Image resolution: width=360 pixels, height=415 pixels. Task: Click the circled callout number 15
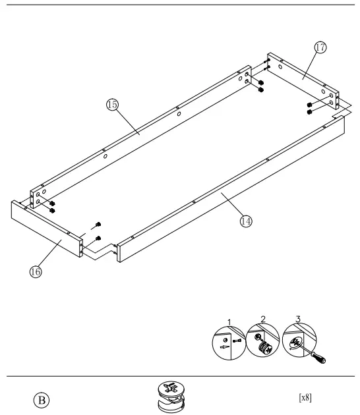(x=112, y=104)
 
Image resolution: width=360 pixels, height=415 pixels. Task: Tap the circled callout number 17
(x=320, y=47)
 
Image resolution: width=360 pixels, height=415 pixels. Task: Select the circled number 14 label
(x=246, y=221)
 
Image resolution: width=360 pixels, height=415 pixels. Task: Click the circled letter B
(x=41, y=399)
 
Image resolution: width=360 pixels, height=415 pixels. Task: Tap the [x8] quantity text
(x=305, y=397)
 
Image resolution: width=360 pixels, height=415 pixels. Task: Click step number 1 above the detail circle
(x=229, y=321)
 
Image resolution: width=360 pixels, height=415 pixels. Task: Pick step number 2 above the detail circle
(x=263, y=319)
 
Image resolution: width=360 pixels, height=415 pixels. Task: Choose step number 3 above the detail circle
(x=298, y=319)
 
